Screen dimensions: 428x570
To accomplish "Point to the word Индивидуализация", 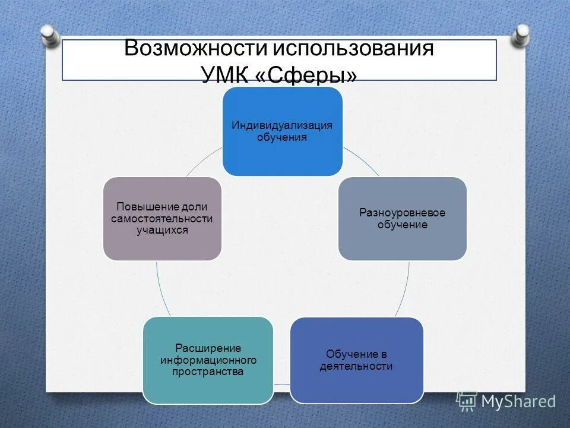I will point(282,125).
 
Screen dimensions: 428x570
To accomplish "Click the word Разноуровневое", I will point(403,213).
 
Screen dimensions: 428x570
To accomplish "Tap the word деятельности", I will point(356,366).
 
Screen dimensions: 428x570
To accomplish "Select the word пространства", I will point(208,372).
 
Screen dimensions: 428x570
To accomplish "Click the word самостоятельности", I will point(161,218).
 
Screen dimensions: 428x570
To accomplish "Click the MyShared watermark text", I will point(518,401).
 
